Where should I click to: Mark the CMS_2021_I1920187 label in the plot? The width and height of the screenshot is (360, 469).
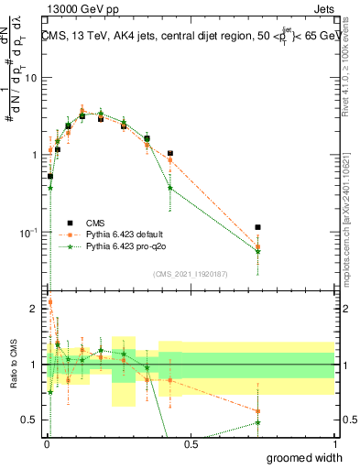point(190,273)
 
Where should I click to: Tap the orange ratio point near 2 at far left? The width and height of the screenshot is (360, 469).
point(49,301)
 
